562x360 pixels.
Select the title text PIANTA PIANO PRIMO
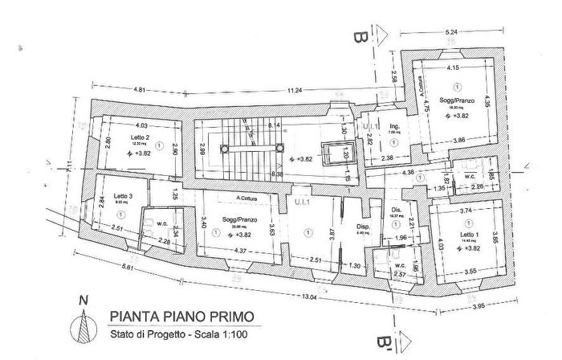point(182,317)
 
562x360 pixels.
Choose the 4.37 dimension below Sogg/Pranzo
point(240,250)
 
